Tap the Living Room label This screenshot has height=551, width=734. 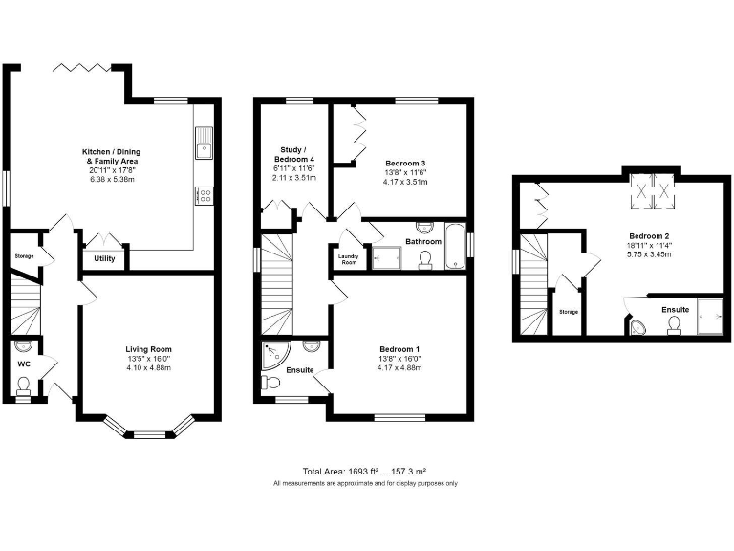coord(147,349)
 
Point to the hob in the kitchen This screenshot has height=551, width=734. coord(203,194)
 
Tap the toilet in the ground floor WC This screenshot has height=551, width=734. coord(24,386)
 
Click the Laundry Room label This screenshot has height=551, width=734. coord(348,259)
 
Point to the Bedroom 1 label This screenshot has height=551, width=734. coord(398,349)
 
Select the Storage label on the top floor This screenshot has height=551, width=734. coord(569,312)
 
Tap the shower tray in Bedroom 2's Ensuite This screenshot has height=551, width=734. coord(711,317)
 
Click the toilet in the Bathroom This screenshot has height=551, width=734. coord(425,256)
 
